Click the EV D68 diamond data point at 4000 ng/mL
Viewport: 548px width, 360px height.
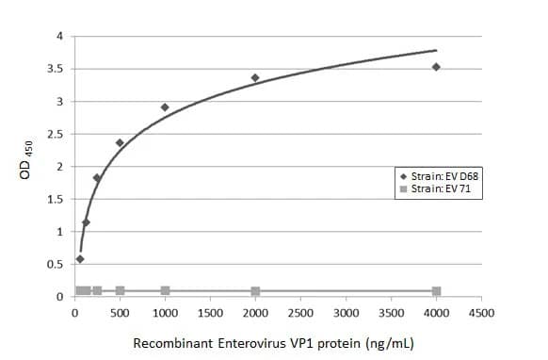tap(436, 67)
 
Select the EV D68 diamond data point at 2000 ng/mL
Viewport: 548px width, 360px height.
tap(255, 77)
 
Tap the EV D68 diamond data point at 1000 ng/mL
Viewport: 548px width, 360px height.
tap(165, 107)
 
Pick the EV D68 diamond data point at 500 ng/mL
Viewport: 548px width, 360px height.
tap(120, 143)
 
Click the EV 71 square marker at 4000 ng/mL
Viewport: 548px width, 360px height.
tap(436, 291)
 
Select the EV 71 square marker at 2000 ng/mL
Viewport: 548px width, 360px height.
tap(255, 291)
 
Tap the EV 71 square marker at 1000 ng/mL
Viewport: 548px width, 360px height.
tap(165, 290)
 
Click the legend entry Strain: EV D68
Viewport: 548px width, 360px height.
tap(441, 176)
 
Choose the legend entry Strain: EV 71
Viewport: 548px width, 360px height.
tap(437, 189)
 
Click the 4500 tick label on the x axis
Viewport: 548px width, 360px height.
tap(481, 312)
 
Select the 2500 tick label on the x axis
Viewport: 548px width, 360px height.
tap(300, 312)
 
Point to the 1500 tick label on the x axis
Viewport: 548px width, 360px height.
tap(210, 312)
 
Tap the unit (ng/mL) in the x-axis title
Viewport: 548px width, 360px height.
tap(385, 343)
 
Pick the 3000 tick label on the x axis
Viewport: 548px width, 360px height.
tap(346, 312)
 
